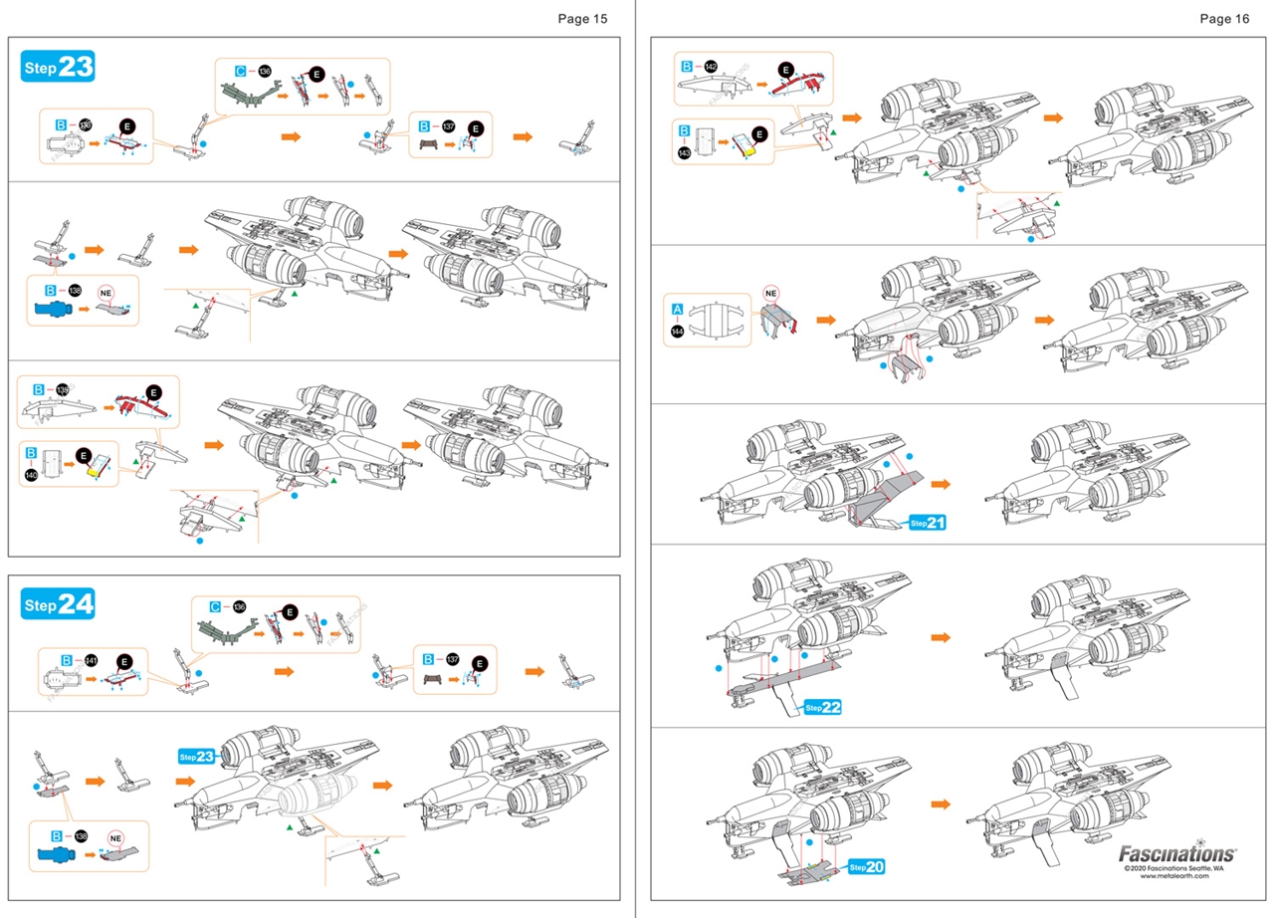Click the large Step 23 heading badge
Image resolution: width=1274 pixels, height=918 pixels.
58,68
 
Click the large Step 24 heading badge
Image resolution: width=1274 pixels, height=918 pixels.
58,604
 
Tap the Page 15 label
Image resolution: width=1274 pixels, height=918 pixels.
582,19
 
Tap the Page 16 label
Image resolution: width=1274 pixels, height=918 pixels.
1224,19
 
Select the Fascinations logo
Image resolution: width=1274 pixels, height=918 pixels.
1177,853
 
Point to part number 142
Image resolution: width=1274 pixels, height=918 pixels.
711,67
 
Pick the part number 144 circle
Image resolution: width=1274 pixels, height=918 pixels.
678,331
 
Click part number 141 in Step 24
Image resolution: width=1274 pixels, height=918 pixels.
92,660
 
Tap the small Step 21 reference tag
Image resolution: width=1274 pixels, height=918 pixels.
927,522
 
